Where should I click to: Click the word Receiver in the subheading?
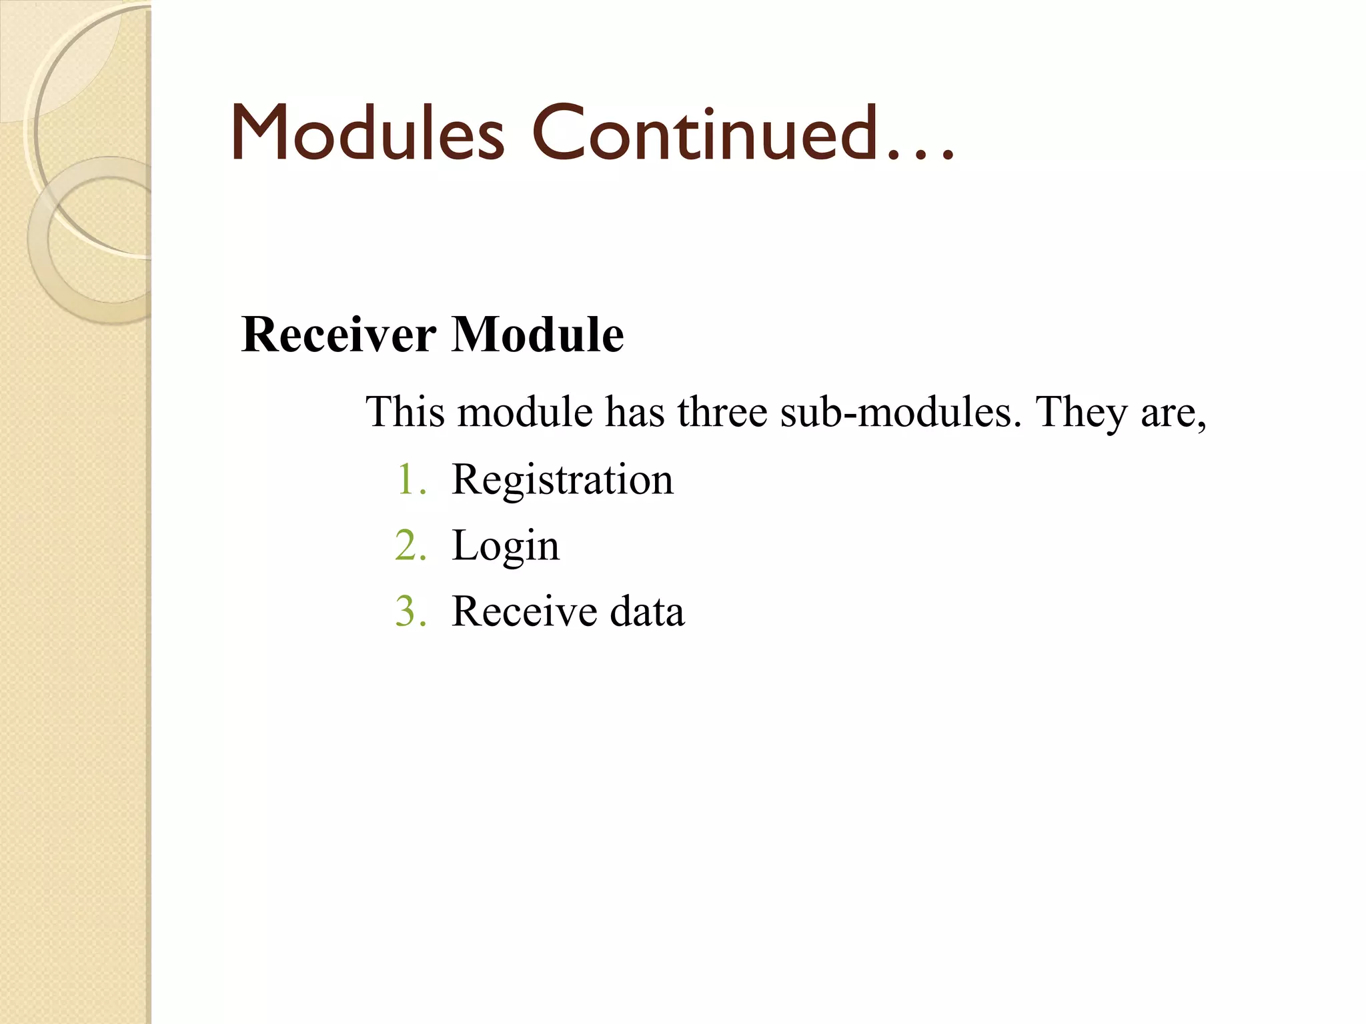click(x=339, y=334)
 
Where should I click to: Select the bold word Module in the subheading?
click(x=538, y=334)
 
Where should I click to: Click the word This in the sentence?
click(x=405, y=411)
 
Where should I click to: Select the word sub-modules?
click(x=900, y=411)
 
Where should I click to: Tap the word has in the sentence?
click(x=634, y=411)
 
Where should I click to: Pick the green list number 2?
click(x=410, y=546)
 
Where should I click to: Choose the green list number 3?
click(x=410, y=611)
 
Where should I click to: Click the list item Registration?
click(x=562, y=480)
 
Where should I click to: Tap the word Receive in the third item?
click(x=524, y=611)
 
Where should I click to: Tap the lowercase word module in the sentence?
click(x=525, y=411)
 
